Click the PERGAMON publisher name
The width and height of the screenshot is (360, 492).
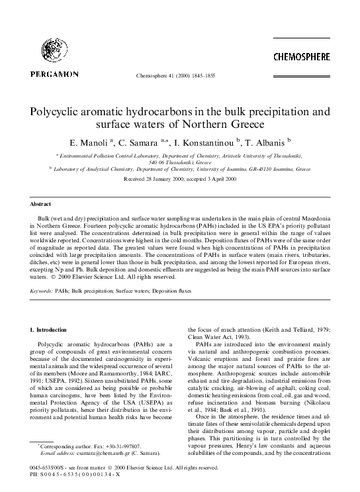coord(54,75)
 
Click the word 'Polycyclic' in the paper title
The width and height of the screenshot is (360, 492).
coord(63,109)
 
